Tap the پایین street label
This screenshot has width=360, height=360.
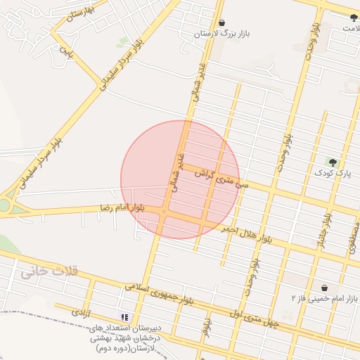pos(65,51)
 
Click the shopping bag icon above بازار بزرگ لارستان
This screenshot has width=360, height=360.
pos(222,23)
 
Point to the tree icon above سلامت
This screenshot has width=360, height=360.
pos(353,17)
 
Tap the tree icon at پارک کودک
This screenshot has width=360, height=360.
pos(332,162)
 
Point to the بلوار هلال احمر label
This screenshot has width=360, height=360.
pos(247,233)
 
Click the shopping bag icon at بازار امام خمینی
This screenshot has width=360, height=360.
pos(324,288)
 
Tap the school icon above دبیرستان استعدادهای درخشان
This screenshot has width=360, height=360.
pos(124,317)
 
